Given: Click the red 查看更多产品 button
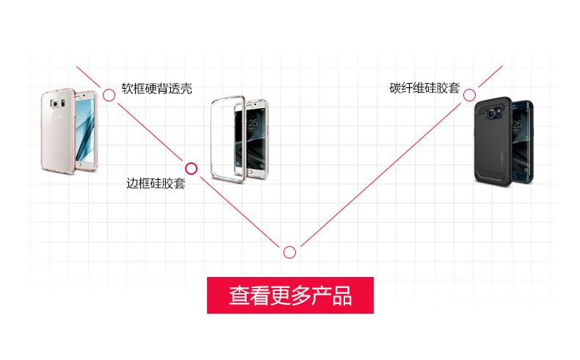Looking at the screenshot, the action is point(290,295).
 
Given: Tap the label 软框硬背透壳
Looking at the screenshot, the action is point(156,89).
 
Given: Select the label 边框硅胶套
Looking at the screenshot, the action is point(156,184).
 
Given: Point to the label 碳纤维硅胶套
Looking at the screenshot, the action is point(424,89).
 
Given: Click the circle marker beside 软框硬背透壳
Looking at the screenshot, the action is point(109,94).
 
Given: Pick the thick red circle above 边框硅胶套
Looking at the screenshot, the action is point(191,168).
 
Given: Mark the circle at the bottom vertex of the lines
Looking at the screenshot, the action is point(290,252).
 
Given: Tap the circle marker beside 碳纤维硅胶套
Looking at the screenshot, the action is point(468,94).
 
